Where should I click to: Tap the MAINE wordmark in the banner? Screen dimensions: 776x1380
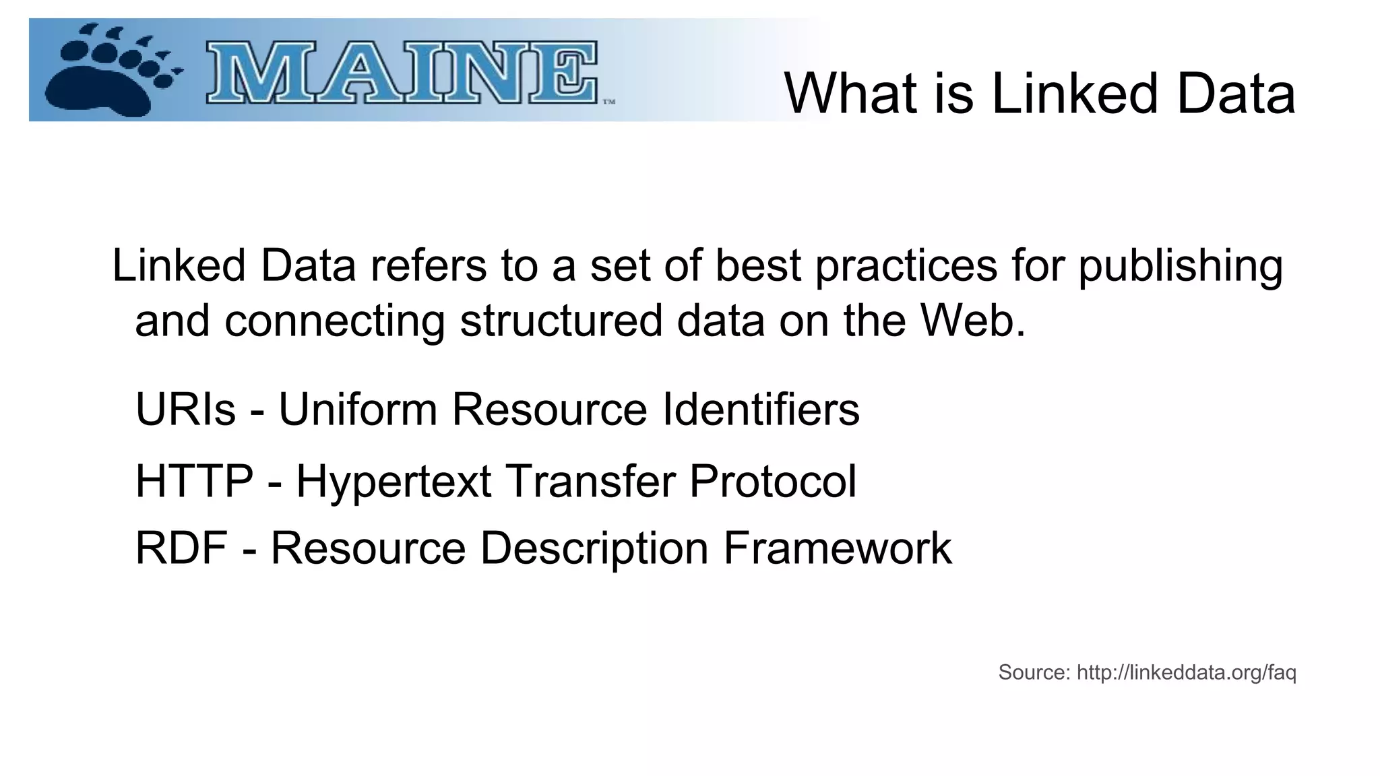[402, 73]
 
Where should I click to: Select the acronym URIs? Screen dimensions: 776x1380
[185, 409]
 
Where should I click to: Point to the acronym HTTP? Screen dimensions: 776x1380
[194, 481]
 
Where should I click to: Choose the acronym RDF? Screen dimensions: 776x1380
[181, 548]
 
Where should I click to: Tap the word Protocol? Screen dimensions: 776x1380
[772, 481]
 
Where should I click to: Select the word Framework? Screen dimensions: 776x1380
[837, 548]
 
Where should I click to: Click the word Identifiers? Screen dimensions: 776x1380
[761, 409]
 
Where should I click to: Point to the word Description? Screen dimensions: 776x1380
[594, 549]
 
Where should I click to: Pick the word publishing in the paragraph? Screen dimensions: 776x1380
[1181, 266]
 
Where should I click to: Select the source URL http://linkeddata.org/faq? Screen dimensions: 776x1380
[1186, 672]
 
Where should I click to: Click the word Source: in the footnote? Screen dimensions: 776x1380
[1034, 672]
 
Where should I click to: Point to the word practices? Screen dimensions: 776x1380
[906, 266]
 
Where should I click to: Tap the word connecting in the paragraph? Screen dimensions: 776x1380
[334, 321]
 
